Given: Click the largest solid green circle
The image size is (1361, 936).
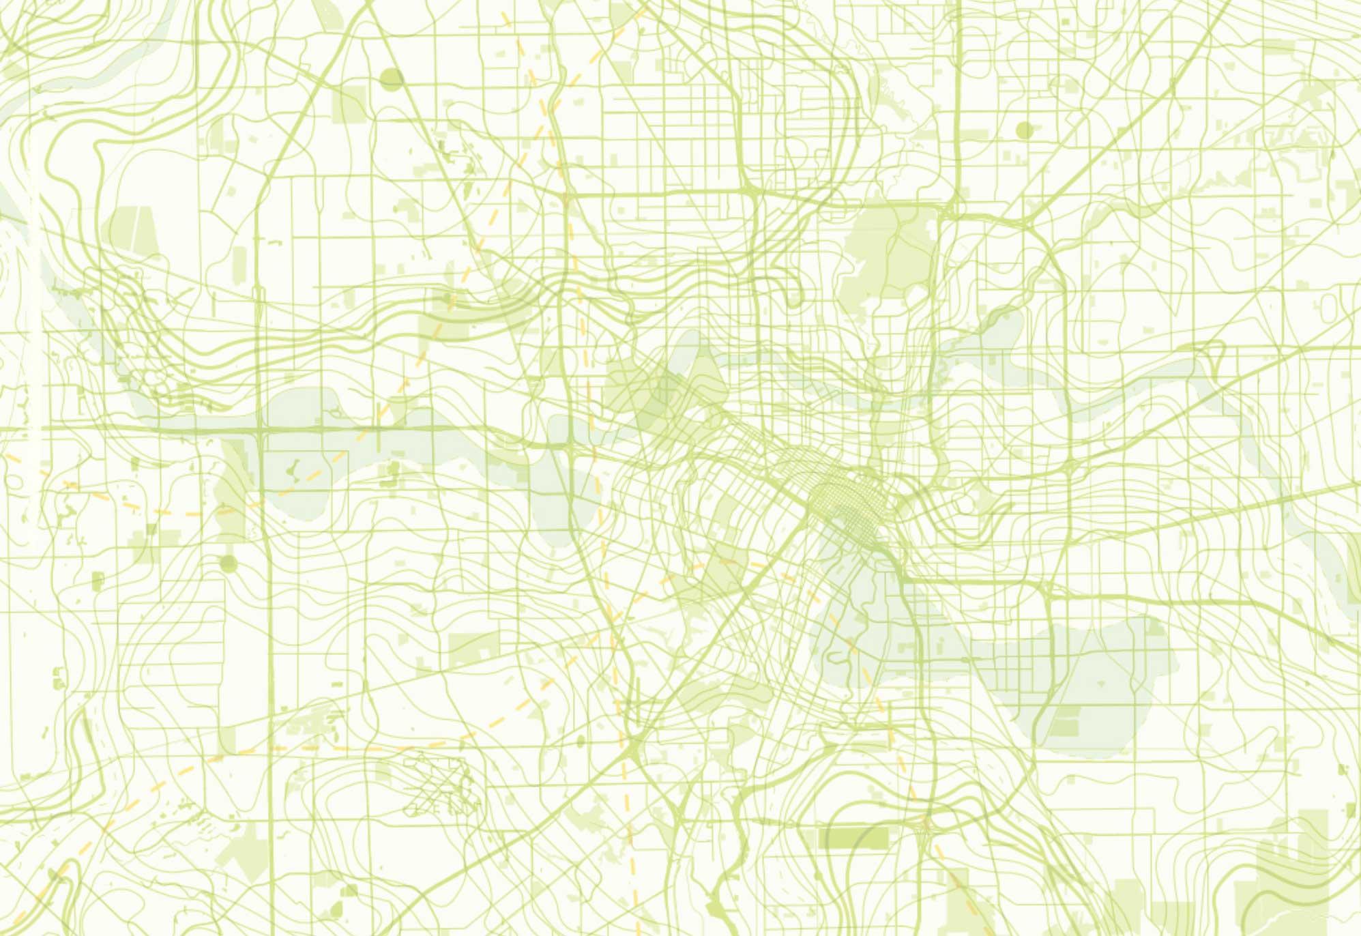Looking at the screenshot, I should point(392,79).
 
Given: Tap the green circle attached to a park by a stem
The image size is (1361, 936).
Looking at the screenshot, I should point(228,564).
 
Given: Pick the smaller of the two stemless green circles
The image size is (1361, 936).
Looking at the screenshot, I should point(1024,130).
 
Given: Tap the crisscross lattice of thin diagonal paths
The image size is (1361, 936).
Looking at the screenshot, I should point(440,785).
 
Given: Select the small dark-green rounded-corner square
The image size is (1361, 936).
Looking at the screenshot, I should point(98,581).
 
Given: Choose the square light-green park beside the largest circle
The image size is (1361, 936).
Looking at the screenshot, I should point(349,104).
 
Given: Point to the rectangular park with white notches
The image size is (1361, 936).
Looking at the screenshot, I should point(474,648).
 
